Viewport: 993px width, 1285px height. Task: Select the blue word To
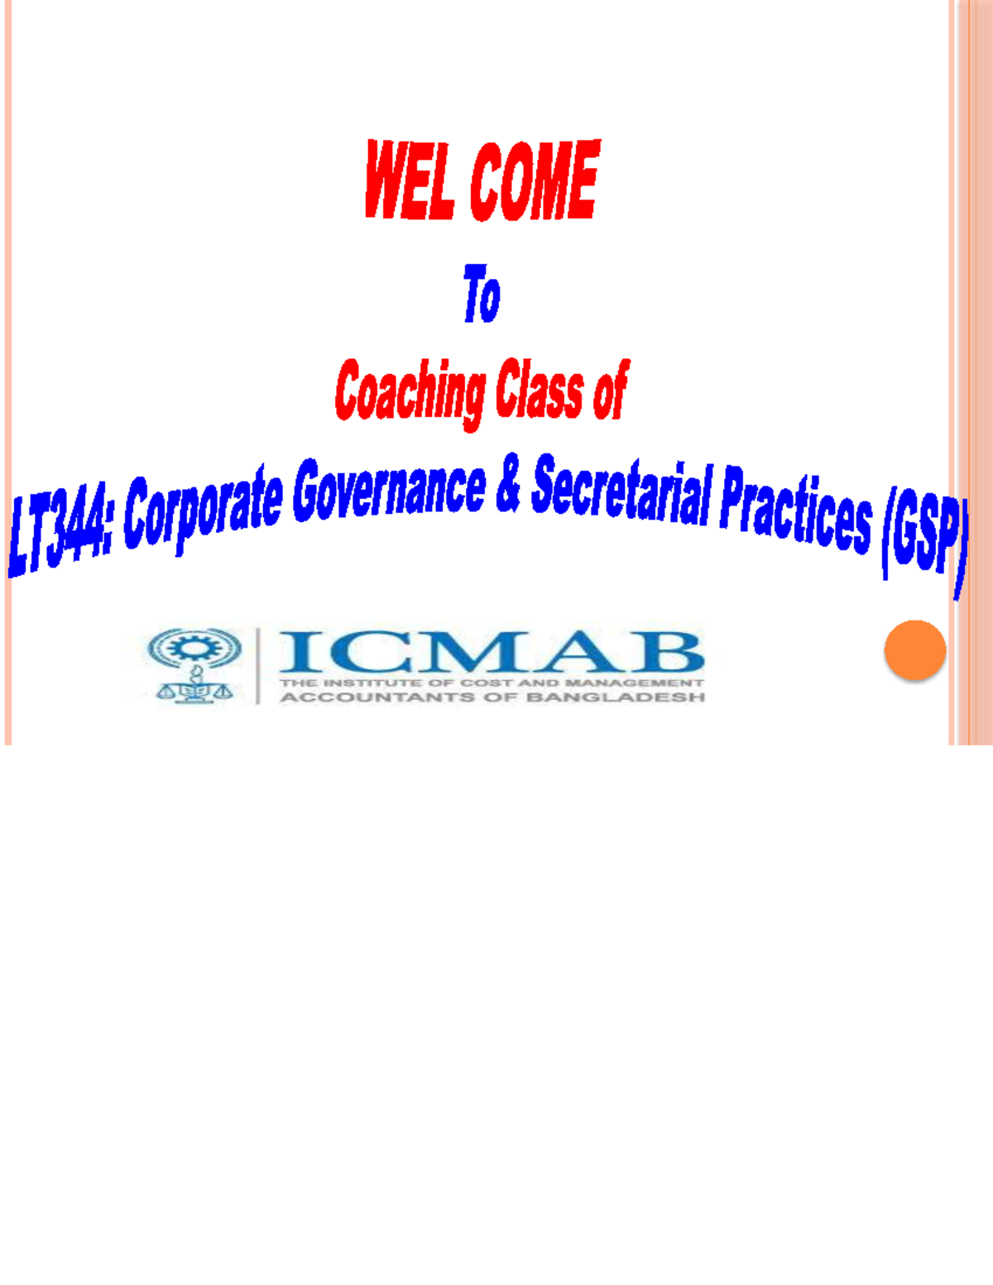point(482,294)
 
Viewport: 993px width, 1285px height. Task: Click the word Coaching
point(410,392)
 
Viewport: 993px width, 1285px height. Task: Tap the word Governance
point(389,490)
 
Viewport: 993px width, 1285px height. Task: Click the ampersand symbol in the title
point(509,487)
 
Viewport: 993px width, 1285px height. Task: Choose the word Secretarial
point(621,495)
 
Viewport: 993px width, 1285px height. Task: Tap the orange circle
point(915,650)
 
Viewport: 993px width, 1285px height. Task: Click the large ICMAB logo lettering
point(492,651)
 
